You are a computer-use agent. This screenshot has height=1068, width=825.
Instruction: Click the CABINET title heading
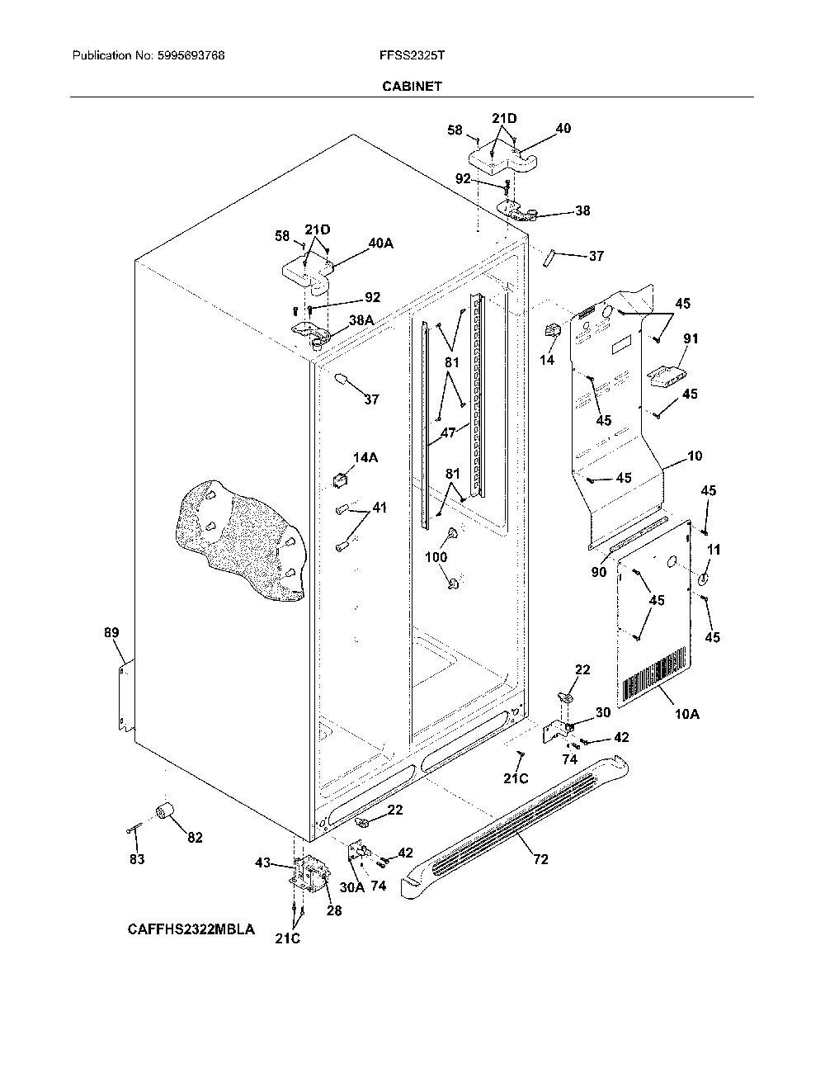[x=412, y=87]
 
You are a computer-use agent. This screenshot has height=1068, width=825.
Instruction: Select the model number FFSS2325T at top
[x=412, y=55]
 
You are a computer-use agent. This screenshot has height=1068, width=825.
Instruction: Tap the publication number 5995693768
[x=191, y=55]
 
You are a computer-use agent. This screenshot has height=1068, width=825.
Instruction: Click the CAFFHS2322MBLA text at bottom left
[x=191, y=929]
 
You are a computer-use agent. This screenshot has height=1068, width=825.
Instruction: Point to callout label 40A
[x=380, y=243]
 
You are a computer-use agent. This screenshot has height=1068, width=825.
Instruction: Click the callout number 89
[x=111, y=632]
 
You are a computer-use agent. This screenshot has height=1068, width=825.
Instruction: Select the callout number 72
[x=540, y=859]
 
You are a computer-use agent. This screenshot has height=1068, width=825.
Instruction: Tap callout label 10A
[x=686, y=714]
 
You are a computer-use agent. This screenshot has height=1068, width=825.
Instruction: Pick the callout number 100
[x=436, y=557]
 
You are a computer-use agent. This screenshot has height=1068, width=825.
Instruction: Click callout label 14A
[x=365, y=457]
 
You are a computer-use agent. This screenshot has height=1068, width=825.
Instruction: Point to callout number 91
[x=691, y=338]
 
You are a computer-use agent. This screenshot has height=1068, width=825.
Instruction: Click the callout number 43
[x=262, y=862]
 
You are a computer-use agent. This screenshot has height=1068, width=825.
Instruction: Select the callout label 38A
[x=361, y=320]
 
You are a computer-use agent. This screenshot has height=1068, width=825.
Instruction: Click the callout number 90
[x=599, y=572]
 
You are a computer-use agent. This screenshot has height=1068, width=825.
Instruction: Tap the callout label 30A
[x=352, y=887]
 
